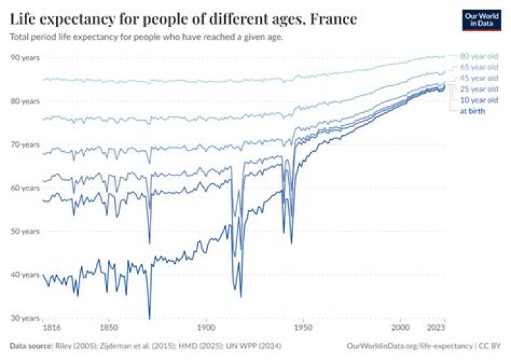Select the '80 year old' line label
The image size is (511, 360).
(x=479, y=55)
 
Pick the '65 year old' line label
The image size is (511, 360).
(x=479, y=67)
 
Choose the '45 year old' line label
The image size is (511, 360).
(x=479, y=77)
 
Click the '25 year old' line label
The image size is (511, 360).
(x=479, y=89)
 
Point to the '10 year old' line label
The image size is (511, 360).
(x=479, y=100)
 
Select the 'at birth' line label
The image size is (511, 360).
(x=472, y=111)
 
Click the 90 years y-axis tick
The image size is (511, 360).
(x=25, y=57)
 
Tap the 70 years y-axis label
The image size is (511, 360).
(x=25, y=144)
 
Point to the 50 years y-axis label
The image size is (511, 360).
(x=25, y=231)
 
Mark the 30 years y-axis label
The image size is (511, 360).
(x=25, y=318)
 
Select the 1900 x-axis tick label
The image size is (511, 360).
(x=206, y=329)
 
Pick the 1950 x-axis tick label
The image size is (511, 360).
(x=303, y=329)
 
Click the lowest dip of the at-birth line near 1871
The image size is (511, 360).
(x=150, y=317)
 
